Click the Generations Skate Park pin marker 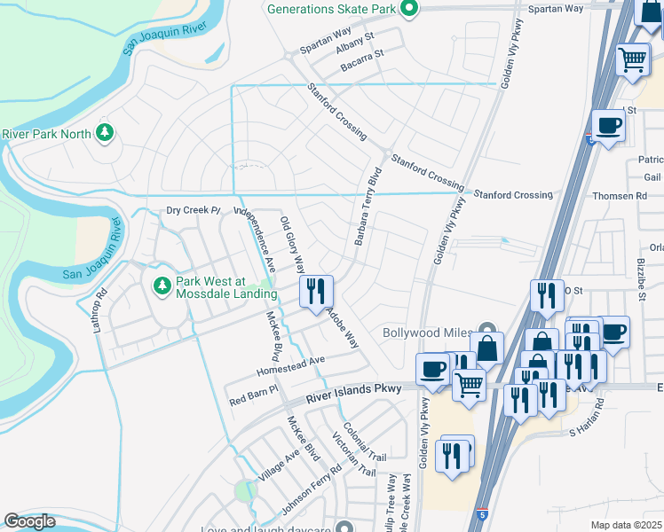click(409, 9)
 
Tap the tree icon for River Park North click(106, 133)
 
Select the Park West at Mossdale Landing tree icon click(162, 286)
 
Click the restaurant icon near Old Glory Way click(317, 292)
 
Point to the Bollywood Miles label click(427, 333)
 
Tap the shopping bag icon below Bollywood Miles click(487, 348)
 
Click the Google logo click(30, 521)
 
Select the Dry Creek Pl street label click(193, 210)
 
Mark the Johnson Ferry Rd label click(312, 490)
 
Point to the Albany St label click(357, 42)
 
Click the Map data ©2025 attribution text click(626, 525)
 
